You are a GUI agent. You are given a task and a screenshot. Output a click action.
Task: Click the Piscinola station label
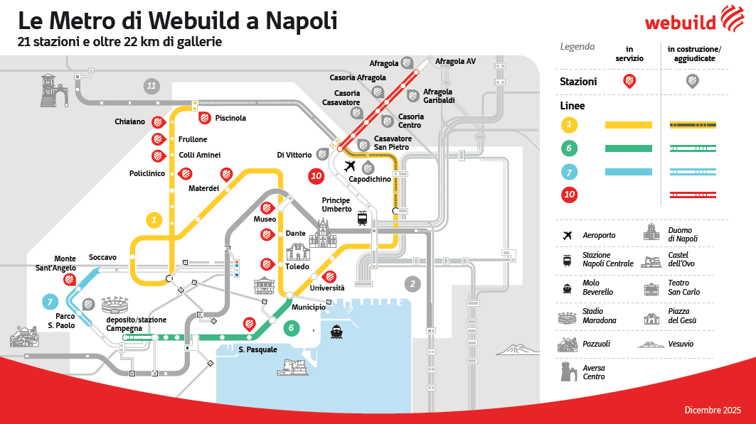230,118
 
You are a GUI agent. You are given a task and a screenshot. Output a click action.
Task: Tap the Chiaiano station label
129,122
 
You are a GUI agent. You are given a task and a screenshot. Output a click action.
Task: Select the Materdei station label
203,188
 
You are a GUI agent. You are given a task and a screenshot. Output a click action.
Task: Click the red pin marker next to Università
329,278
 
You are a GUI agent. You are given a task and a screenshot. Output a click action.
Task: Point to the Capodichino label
370,179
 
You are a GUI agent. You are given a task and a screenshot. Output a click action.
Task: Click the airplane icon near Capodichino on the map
349,166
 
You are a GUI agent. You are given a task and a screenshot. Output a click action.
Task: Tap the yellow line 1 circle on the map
154,220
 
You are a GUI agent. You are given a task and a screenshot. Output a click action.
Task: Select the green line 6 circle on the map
290,328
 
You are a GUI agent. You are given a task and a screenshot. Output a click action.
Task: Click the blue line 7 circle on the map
50,302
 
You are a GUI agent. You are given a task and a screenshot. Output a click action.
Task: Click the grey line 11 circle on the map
151,86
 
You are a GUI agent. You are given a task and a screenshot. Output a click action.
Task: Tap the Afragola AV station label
455,61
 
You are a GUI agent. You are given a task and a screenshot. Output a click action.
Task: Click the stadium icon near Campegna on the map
115,306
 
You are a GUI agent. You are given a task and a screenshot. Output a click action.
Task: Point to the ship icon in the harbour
336,331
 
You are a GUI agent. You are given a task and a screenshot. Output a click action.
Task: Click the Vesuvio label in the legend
680,344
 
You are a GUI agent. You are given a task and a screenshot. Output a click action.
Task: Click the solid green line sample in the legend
628,148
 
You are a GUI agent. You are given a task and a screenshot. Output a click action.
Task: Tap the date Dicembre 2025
712,410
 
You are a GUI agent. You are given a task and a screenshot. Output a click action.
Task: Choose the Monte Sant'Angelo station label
55,263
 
